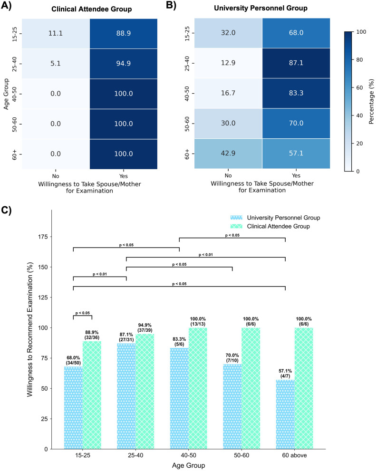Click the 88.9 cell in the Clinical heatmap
click(x=123, y=33)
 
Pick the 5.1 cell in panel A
click(x=56, y=63)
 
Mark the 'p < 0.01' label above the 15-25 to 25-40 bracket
click(x=100, y=274)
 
